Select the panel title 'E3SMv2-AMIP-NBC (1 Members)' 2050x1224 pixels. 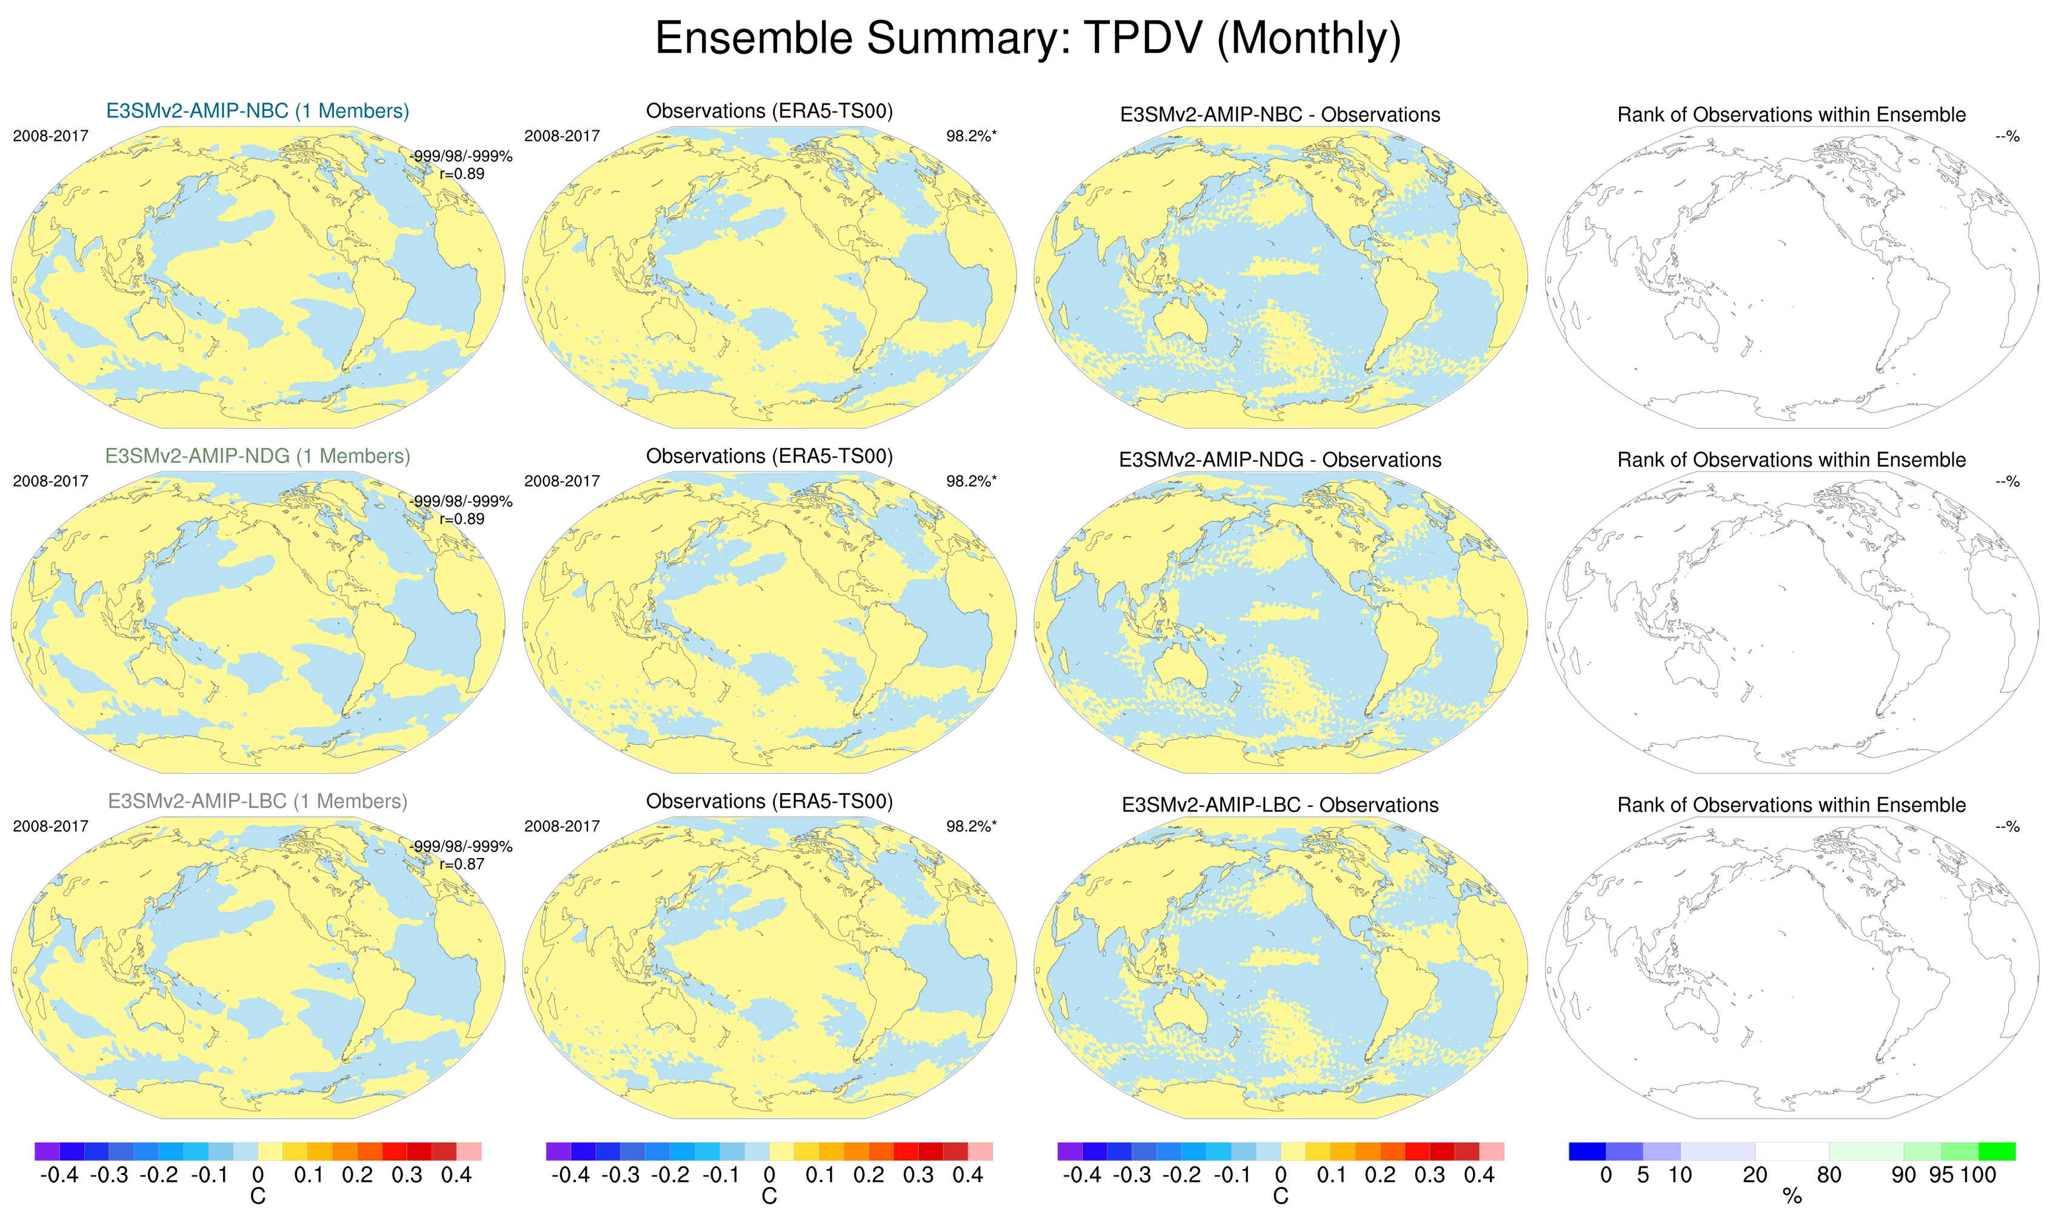pyautogui.click(x=258, y=111)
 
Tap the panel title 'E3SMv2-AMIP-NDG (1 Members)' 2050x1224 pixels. pyautogui.click(x=258, y=456)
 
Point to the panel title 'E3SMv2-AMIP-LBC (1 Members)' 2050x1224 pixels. pyautogui.click(x=258, y=801)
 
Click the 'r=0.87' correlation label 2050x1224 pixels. pyautogui.click(x=462, y=863)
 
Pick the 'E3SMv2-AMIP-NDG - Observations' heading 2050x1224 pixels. pyautogui.click(x=1280, y=461)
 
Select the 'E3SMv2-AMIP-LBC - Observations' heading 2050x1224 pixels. pyautogui.click(x=1280, y=805)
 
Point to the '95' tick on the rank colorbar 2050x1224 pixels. pyautogui.click(x=1941, y=1174)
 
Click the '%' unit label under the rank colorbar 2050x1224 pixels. pyautogui.click(x=1792, y=1197)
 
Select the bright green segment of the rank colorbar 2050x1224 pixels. pyautogui.click(x=1997, y=1151)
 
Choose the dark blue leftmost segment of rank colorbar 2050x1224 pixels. pyautogui.click(x=1587, y=1151)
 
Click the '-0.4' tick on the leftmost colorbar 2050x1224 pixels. pyautogui.click(x=59, y=1174)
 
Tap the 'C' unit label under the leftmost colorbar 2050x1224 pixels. pyautogui.click(x=258, y=1197)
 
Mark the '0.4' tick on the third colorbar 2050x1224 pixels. pyautogui.click(x=1479, y=1174)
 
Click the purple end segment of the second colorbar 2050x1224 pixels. pyautogui.click(x=558, y=1151)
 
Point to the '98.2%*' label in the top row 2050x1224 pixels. pyautogui.click(x=971, y=136)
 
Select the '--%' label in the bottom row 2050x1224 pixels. pyautogui.click(x=2007, y=827)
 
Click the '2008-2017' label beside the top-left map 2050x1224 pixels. pyautogui.click(x=50, y=136)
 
